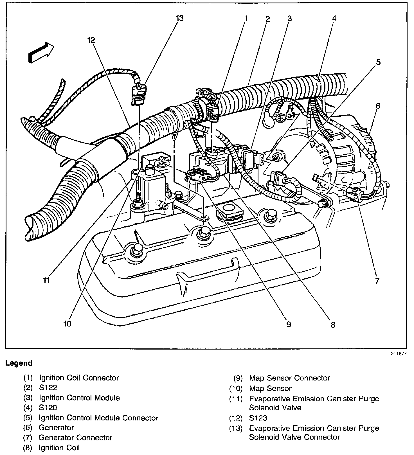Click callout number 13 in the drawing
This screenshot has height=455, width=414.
click(179, 19)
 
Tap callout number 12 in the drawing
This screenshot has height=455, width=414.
click(91, 40)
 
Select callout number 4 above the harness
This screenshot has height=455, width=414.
click(334, 19)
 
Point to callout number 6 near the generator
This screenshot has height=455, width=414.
click(378, 106)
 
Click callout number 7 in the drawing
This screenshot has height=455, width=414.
click(377, 281)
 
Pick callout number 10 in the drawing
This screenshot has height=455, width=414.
click(67, 324)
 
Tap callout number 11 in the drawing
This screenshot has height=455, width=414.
click(46, 280)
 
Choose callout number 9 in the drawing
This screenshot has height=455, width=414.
click(288, 324)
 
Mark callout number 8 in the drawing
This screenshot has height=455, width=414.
click(333, 325)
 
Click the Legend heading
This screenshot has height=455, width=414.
click(19, 363)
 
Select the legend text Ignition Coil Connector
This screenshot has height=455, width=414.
click(79, 378)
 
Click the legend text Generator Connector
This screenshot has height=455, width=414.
click(75, 438)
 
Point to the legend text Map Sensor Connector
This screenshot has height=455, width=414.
click(289, 378)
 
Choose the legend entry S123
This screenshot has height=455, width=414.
click(258, 418)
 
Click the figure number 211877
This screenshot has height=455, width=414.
click(398, 354)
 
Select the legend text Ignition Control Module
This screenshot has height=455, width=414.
click(79, 398)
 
